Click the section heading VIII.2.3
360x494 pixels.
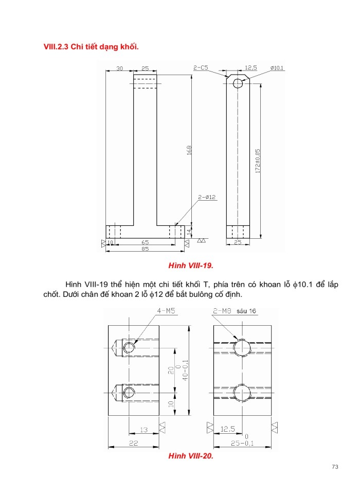[92, 47]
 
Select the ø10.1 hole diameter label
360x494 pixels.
[277, 68]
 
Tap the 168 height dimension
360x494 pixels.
[189, 150]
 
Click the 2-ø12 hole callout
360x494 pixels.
[206, 197]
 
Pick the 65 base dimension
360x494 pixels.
[145, 241]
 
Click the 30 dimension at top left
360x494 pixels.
[119, 68]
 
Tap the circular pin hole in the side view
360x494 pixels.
[238, 83]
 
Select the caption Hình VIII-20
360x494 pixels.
[190, 456]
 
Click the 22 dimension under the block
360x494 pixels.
[133, 443]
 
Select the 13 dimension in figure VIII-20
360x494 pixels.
[143, 429]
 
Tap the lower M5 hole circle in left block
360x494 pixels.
[130, 392]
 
